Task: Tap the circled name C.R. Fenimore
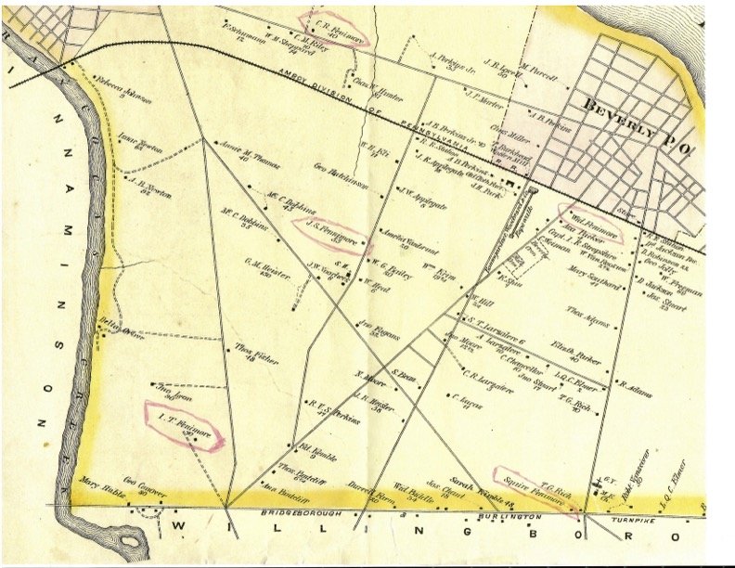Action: pyautogui.click(x=331, y=29)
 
